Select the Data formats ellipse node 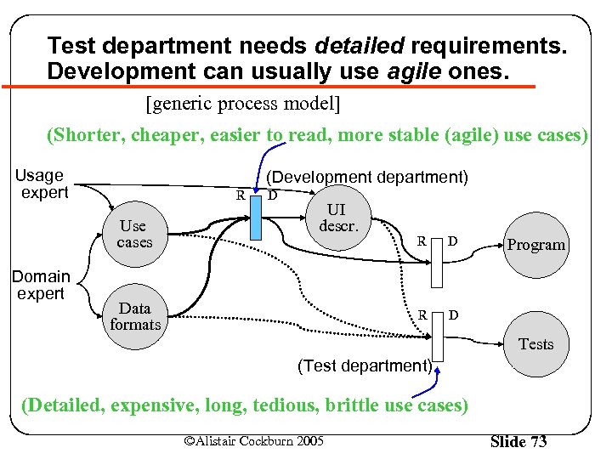(x=135, y=316)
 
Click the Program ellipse (x=535, y=245)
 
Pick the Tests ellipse (x=535, y=343)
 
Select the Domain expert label (x=40, y=285)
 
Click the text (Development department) (x=367, y=177)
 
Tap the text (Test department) (x=365, y=365)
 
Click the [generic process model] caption (x=243, y=105)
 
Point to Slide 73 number (x=519, y=441)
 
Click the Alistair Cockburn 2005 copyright (x=253, y=440)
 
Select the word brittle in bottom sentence (x=348, y=405)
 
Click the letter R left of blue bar (x=241, y=195)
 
